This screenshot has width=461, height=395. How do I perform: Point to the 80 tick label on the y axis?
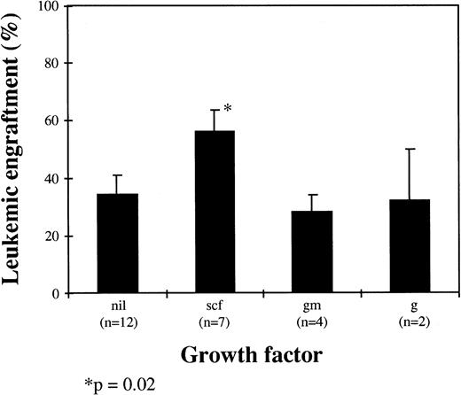(x=61, y=64)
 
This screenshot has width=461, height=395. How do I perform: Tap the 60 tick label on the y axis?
(x=61, y=121)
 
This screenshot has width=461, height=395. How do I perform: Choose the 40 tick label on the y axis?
(x=61, y=179)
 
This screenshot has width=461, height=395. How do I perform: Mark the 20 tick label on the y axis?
(x=61, y=236)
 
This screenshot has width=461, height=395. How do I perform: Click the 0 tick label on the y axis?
(x=65, y=294)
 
